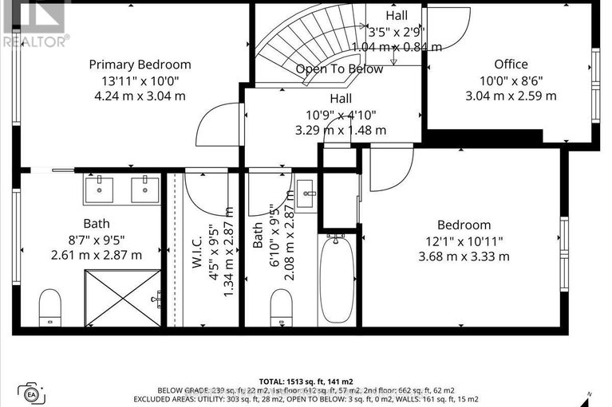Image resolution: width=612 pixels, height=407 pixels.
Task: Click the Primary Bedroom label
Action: [x=140, y=65]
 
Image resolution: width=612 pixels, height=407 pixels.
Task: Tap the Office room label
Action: [x=511, y=65]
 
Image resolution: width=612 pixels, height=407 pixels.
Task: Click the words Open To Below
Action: [x=339, y=69]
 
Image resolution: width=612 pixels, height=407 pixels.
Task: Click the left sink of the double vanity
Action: [x=98, y=190]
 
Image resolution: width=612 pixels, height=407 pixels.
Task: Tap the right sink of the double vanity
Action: [x=144, y=190]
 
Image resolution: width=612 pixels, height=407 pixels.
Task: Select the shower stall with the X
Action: [x=124, y=298]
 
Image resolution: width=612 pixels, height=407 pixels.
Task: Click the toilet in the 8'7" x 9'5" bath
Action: [x=50, y=306]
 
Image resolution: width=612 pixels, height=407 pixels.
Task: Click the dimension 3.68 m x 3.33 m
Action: [x=464, y=256]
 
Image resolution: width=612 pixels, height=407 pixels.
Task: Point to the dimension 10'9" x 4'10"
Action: [x=342, y=115]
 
